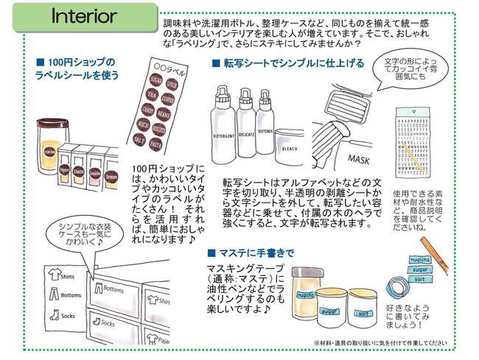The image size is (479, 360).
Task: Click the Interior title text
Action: coord(83,15)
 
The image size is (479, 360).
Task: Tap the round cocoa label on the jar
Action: coord(49,150)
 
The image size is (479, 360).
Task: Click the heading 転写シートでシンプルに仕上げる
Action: coord(294,63)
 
